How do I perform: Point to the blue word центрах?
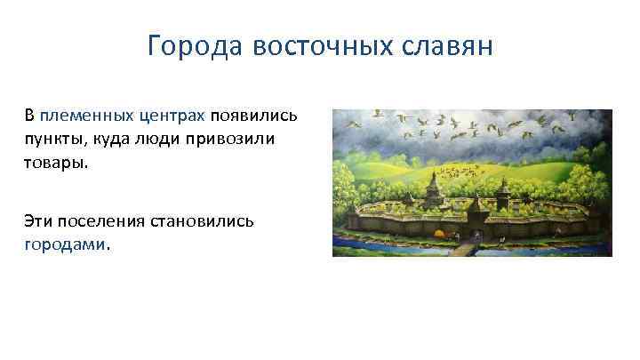(x=172, y=117)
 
